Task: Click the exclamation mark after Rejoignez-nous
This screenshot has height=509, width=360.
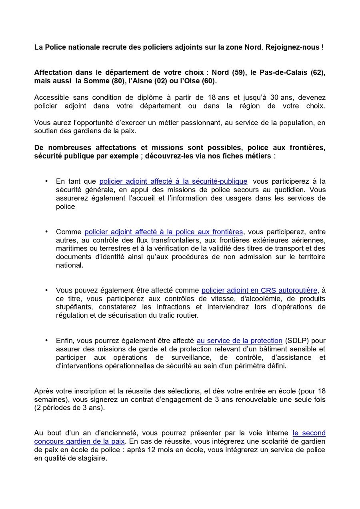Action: click(322, 47)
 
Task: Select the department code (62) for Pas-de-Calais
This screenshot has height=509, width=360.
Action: click(318, 73)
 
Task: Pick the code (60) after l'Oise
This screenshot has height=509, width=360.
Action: click(208, 81)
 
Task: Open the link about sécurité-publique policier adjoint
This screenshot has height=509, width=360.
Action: click(173, 182)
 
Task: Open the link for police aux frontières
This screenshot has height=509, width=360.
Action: click(164, 232)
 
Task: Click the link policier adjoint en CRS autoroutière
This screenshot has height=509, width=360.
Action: click(259, 291)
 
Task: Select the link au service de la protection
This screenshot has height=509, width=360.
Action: click(239, 341)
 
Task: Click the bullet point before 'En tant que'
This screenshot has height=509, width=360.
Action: click(47, 181)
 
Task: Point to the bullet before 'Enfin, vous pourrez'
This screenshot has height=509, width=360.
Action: click(47, 341)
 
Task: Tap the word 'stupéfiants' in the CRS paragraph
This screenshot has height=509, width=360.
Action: click(73, 307)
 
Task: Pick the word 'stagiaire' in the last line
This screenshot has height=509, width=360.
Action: click(92, 458)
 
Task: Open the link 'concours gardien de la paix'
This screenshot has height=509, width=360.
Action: click(80, 441)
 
